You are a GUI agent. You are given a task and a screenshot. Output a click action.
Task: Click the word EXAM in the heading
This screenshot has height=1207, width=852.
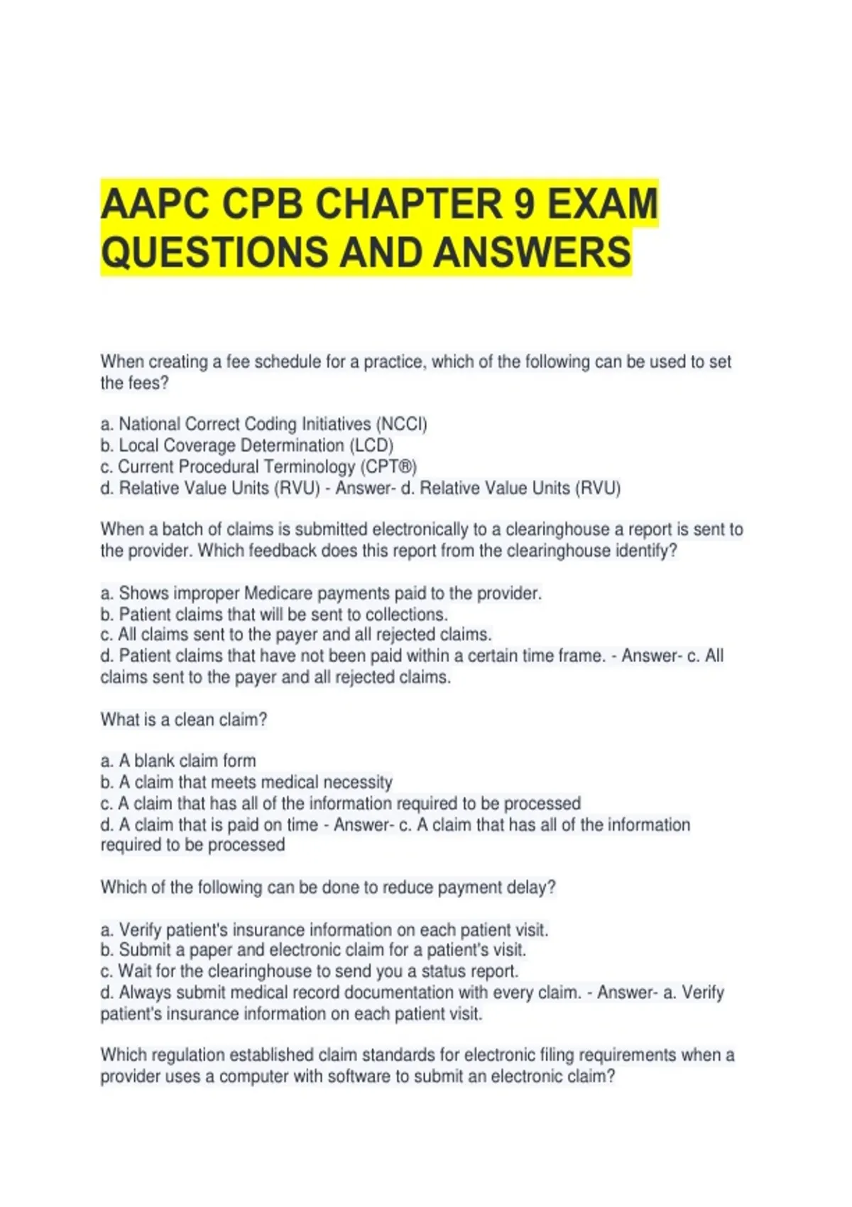click(x=603, y=204)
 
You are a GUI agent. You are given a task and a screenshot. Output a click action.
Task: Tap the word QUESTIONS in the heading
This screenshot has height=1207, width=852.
click(x=215, y=252)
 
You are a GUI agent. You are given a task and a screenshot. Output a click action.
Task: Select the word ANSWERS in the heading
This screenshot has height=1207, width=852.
click(x=532, y=252)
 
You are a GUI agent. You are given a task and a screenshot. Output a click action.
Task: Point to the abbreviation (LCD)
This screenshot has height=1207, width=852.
click(x=371, y=446)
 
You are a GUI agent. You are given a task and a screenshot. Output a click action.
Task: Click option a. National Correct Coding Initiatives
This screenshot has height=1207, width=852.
click(x=263, y=425)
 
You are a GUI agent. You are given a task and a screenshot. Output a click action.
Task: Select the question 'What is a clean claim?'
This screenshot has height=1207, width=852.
click(x=184, y=720)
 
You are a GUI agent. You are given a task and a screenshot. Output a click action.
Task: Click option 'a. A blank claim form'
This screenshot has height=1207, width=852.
click(x=178, y=761)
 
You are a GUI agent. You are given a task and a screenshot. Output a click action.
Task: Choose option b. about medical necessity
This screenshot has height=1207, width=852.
click(x=246, y=782)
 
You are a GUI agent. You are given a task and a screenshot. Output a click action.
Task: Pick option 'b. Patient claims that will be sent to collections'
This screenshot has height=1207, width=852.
click(x=274, y=615)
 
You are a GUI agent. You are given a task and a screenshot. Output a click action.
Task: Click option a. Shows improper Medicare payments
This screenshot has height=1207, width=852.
click(x=321, y=594)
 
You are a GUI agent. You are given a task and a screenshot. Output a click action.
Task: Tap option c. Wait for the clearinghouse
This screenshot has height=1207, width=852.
click(x=310, y=971)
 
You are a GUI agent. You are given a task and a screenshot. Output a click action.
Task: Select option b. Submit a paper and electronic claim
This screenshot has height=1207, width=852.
click(x=313, y=950)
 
